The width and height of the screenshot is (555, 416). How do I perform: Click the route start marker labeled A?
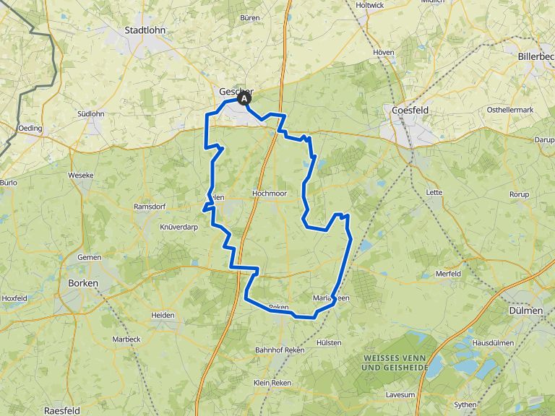[x=244, y=100]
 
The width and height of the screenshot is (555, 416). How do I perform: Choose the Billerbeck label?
[x=535, y=56]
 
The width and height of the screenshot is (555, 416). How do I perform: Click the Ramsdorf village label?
[x=150, y=207]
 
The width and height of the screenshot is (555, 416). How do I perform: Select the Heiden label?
[x=163, y=315]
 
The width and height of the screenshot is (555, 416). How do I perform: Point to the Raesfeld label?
[x=61, y=409]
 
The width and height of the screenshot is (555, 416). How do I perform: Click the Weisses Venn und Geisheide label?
[x=395, y=363]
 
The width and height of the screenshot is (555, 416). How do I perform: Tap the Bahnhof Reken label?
[x=280, y=350]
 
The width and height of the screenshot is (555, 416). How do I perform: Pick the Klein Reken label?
[x=271, y=382]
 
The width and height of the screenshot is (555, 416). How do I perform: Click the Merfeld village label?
[x=448, y=274]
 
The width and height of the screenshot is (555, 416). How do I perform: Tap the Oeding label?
[x=31, y=129]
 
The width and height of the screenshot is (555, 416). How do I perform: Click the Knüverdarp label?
[x=178, y=227]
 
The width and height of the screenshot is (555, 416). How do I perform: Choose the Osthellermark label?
[x=509, y=109]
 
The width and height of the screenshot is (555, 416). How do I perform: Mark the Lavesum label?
[x=400, y=394]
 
